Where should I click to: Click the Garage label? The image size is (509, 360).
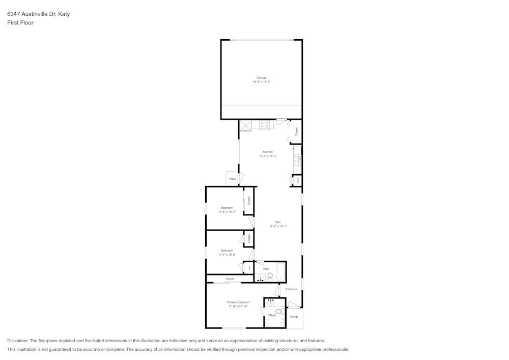pyautogui.click(x=261, y=78)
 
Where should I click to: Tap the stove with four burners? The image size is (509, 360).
pyautogui.click(x=264, y=125)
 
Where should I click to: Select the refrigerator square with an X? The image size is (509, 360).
pyautogui.click(x=246, y=125)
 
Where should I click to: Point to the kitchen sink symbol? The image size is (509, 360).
pyautogui.click(x=297, y=161)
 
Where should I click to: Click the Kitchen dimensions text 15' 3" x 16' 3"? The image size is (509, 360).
pyautogui.click(x=268, y=156)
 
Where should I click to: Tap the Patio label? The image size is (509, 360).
pyautogui.click(x=232, y=179)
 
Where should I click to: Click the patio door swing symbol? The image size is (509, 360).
pyautogui.click(x=242, y=179)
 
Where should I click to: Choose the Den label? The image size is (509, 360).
pyautogui.click(x=278, y=222)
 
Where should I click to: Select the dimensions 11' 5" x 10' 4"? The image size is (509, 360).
pyautogui.click(x=227, y=211)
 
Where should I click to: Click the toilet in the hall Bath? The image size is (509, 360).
pyautogui.click(x=270, y=277)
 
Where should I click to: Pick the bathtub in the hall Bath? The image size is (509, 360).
pyautogui.click(x=281, y=272)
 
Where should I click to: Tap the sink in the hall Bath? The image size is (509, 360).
pyautogui.click(x=260, y=278)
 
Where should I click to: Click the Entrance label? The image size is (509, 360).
pyautogui.click(x=291, y=289)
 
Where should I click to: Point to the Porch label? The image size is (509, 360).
pyautogui.click(x=294, y=317)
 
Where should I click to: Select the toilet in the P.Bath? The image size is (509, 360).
pyautogui.click(x=278, y=311)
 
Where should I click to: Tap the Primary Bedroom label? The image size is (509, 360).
pyautogui.click(x=238, y=302)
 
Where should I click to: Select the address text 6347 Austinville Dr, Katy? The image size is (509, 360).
pyautogui.click(x=39, y=14)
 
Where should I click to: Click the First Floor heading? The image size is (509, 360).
pyautogui.click(x=20, y=23)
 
